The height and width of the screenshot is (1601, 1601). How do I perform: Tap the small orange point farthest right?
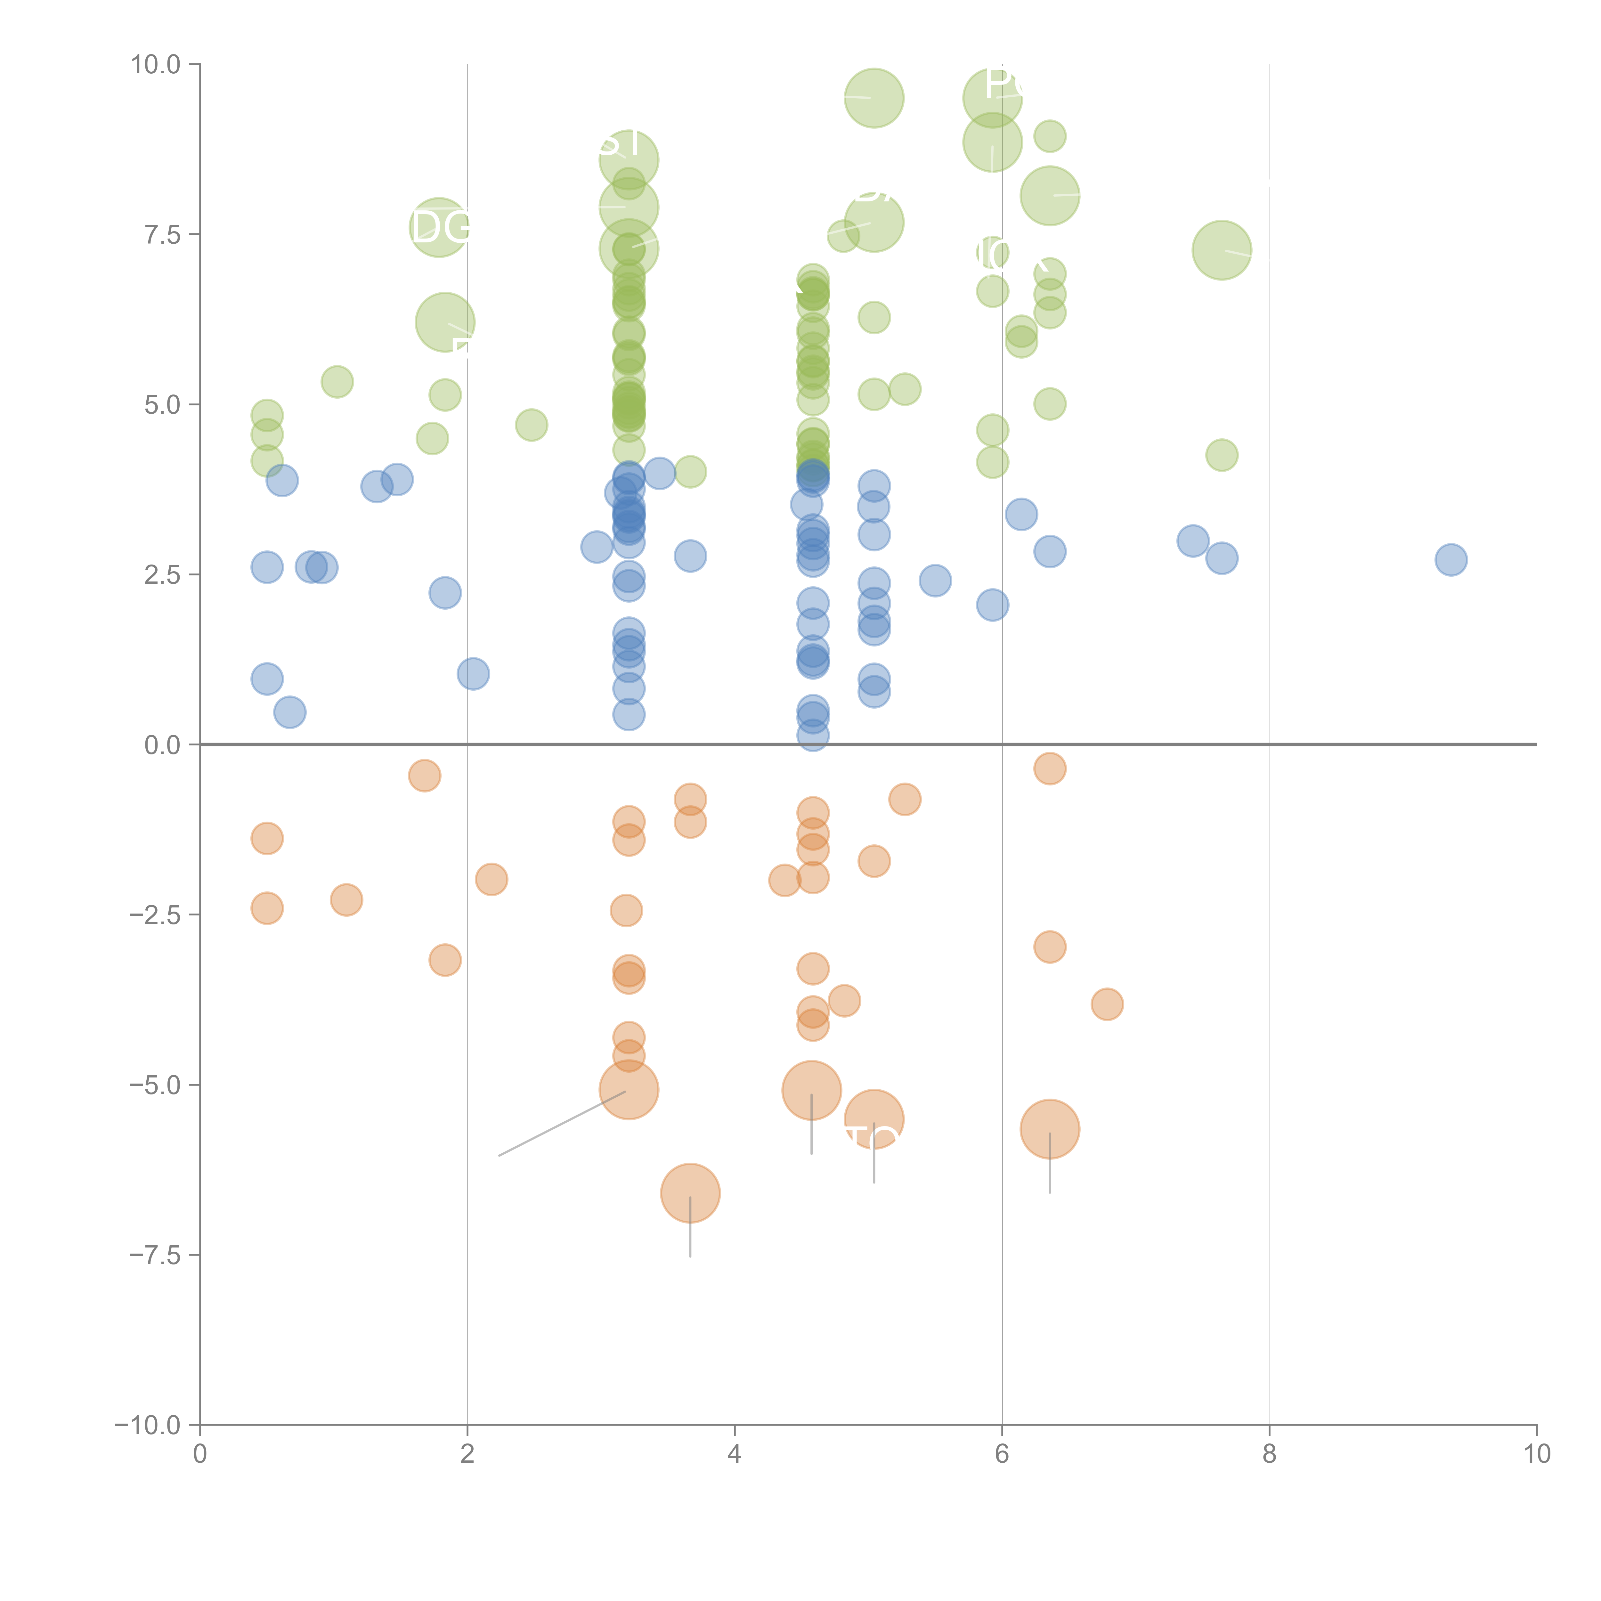pyautogui.click(x=1107, y=1004)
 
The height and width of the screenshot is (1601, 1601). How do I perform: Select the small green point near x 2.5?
pyautogui.click(x=531, y=425)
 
